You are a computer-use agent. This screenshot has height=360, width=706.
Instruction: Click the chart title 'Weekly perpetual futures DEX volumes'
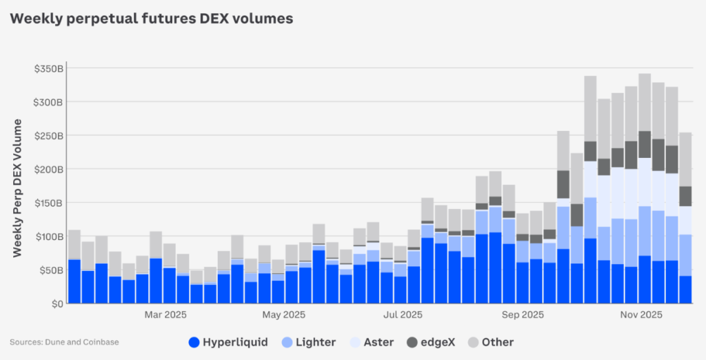click(x=151, y=19)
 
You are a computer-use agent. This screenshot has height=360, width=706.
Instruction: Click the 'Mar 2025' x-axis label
click(x=165, y=315)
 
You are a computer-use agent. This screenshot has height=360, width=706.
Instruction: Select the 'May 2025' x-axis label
click(x=283, y=315)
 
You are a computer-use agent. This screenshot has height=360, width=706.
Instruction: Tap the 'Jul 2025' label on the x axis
click(x=402, y=315)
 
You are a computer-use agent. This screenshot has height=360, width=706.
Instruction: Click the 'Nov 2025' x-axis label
click(x=641, y=315)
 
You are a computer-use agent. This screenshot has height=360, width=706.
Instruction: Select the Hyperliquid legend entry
click(x=228, y=342)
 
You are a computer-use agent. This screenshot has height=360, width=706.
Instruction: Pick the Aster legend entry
click(x=372, y=342)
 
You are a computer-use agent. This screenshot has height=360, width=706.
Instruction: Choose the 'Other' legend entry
click(x=490, y=342)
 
